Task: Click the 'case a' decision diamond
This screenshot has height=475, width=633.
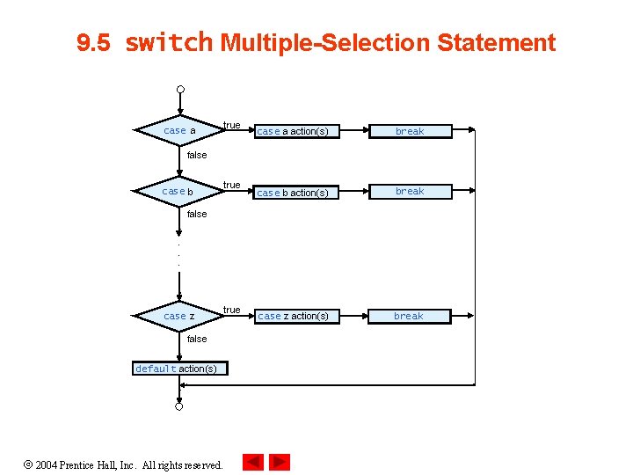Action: pyautogui.click(x=179, y=131)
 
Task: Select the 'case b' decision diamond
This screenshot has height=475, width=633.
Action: pyautogui.click(x=178, y=191)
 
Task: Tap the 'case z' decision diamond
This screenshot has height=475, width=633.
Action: pyautogui.click(x=178, y=316)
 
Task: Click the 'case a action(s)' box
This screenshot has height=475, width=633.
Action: pyautogui.click(x=292, y=132)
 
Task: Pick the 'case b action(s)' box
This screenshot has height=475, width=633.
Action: pyautogui.click(x=292, y=193)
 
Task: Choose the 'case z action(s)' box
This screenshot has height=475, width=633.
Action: pyautogui.click(x=292, y=316)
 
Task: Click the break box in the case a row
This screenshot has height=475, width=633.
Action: pyautogui.click(x=410, y=132)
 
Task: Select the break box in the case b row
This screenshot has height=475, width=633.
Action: pyautogui.click(x=410, y=192)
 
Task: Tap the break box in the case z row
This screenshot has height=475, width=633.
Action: pyautogui.click(x=409, y=316)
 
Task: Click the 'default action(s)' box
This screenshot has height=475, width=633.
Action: pyautogui.click(x=178, y=369)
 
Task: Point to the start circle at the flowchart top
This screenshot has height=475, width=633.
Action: pyautogui.click(x=179, y=89)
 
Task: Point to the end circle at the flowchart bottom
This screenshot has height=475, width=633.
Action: pyautogui.click(x=178, y=407)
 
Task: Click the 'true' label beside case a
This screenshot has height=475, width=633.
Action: pyautogui.click(x=231, y=125)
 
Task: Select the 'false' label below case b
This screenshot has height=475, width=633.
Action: pyautogui.click(x=197, y=214)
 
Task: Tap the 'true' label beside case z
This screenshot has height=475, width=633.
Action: pyautogui.click(x=231, y=310)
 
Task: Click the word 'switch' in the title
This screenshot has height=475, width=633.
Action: pyautogui.click(x=169, y=42)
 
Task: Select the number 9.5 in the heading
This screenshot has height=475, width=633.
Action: pyautogui.click(x=94, y=43)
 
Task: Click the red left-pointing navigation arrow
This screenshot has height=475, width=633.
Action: pyautogui.click(x=253, y=462)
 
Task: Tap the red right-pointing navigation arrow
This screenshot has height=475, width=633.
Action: pyautogui.click(x=280, y=462)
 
